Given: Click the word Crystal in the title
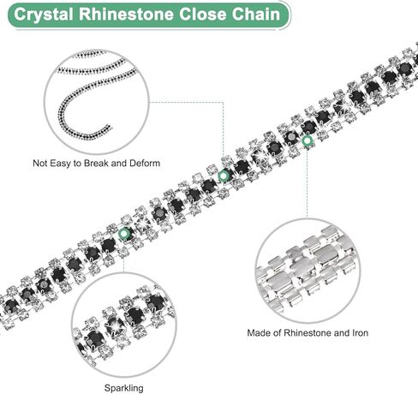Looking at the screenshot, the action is coord(43,15).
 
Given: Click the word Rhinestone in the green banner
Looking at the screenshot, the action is coord(126,14).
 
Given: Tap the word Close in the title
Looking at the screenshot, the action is coord(203,14).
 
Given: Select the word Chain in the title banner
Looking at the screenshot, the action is coord(256,14).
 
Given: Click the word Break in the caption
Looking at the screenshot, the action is coord(96,164).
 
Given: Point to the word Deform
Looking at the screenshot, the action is coord(145,164).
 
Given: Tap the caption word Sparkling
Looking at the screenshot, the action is coord(124,388).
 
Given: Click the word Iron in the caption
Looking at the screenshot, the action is coord(360,333).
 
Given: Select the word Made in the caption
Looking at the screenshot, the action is coord(257,333).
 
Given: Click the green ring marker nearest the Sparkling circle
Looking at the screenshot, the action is coord(123,234).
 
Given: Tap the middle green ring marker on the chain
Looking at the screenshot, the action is coord(223,176).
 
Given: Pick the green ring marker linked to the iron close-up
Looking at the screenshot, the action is coord(308,140).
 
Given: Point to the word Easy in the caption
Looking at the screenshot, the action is coord(59,164).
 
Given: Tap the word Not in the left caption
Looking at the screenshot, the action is coord(39,164).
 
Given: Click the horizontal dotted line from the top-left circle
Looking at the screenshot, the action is coord(186,102).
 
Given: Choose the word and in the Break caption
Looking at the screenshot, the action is coord(119,164).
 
